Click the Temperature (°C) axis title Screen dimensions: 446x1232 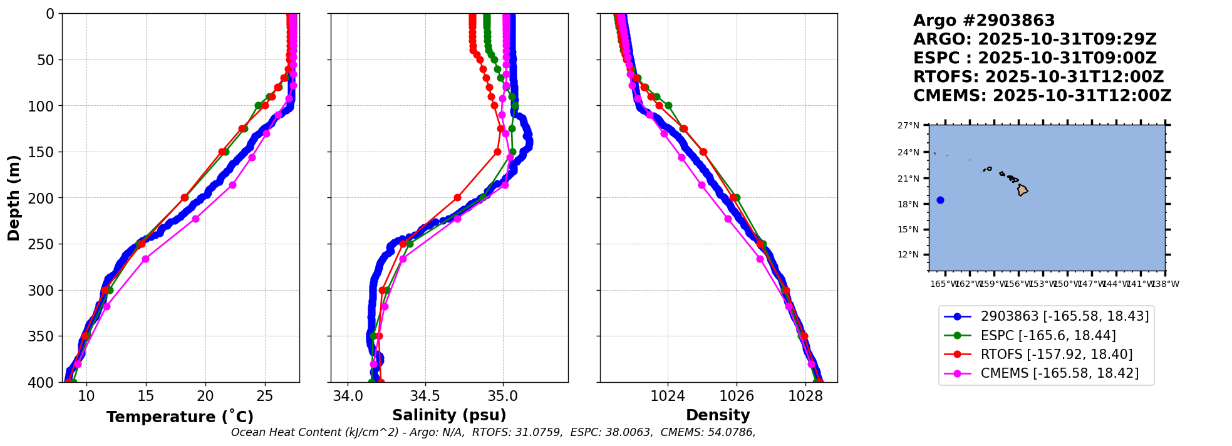pos(180,417)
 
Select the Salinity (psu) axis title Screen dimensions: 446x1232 pos(449,415)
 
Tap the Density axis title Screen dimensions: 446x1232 pos(718,415)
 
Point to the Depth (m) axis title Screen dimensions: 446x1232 pos(14,198)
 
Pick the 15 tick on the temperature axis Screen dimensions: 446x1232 pos(146,397)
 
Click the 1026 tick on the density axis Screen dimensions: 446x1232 pos(737,397)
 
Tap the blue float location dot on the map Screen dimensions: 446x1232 pos(940,200)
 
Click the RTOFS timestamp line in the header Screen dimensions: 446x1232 pos(1038,77)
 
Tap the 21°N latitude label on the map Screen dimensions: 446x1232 pos(908,179)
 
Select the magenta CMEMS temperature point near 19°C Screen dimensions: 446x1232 pos(195,219)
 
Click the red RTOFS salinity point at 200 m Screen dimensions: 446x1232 pos(457,198)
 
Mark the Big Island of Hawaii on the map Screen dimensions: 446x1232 pos(1022,190)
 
